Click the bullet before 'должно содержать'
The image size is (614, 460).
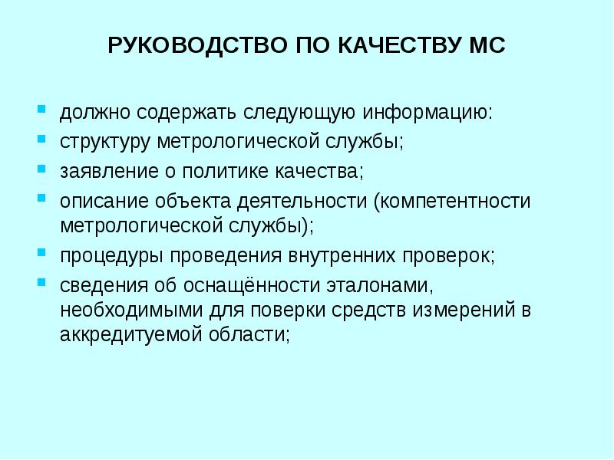pos(43,109)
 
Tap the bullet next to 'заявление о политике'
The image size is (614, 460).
pos(43,166)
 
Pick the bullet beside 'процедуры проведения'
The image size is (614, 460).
pos(43,251)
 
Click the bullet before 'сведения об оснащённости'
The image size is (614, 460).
pos(43,280)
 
